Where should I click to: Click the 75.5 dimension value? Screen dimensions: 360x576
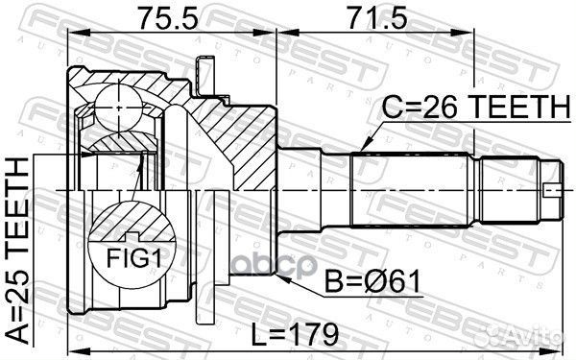click(164, 18)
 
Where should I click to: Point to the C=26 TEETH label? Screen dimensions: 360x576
click(473, 108)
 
